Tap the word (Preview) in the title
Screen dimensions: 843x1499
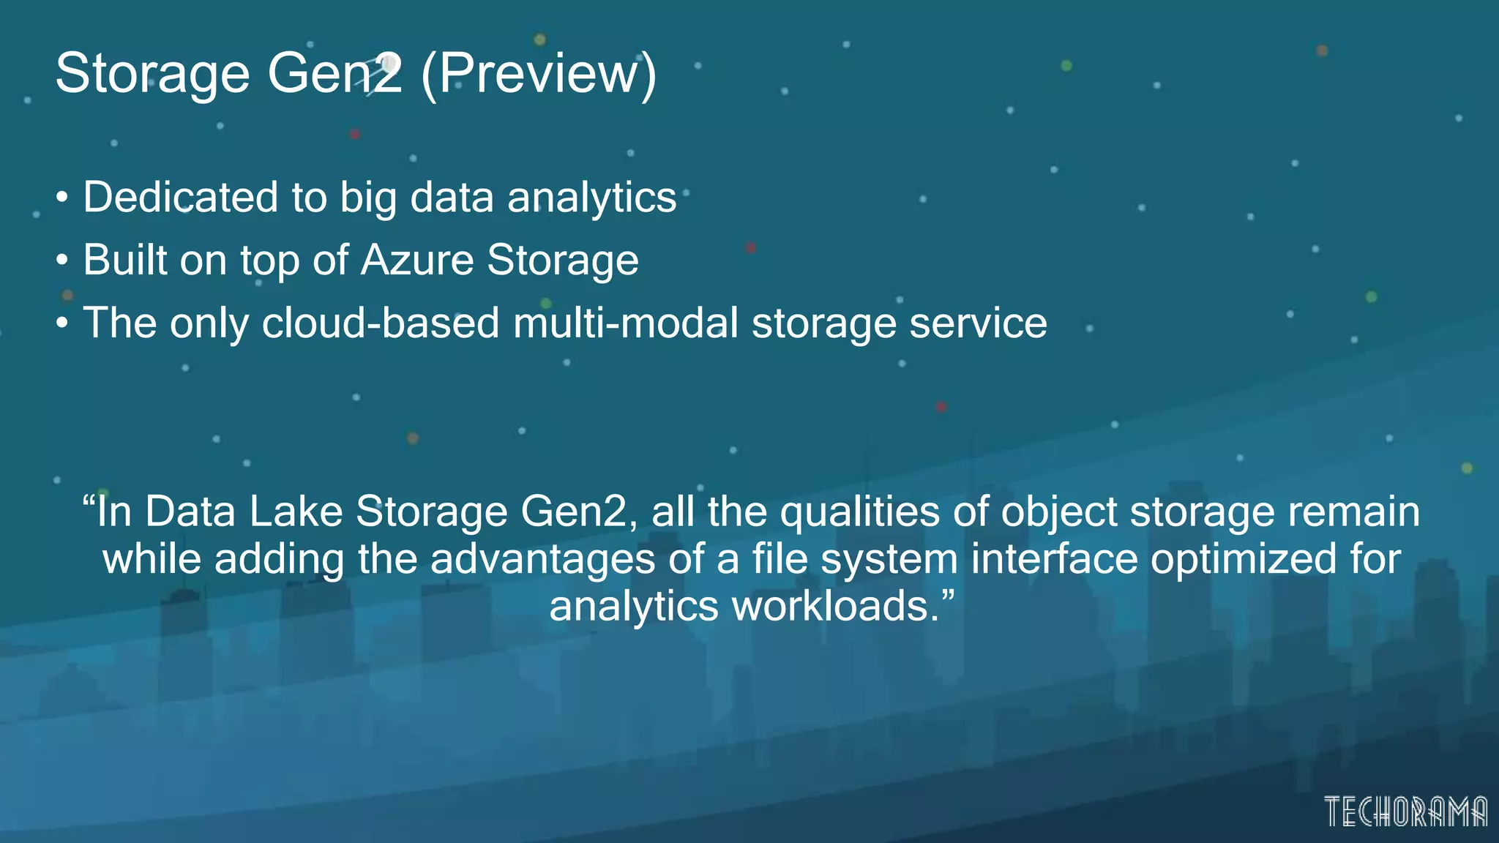click(x=539, y=74)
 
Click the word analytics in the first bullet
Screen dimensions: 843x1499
click(x=591, y=198)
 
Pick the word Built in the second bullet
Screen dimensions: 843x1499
click(x=124, y=260)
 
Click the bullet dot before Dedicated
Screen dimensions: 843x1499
click(x=63, y=198)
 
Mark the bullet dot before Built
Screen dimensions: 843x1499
click(x=63, y=261)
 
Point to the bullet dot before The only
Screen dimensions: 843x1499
click(x=63, y=323)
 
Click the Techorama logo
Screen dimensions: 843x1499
click(x=1405, y=812)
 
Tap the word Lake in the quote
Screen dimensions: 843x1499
click(x=296, y=512)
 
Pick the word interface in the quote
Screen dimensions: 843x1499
click(x=1055, y=559)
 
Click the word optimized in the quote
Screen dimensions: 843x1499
click(x=1244, y=559)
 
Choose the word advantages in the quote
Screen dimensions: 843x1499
click(x=542, y=559)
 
